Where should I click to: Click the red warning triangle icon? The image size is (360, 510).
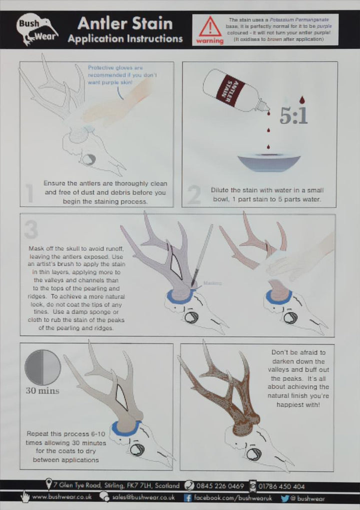[x=209, y=26]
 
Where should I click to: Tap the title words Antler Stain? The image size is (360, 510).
[x=125, y=23]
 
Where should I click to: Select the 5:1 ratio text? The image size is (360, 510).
[x=293, y=116]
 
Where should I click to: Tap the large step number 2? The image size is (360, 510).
[x=193, y=195]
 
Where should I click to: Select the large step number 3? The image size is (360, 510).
[x=31, y=229]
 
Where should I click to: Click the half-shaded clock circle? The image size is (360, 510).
[x=42, y=367]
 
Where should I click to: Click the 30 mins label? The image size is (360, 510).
[x=42, y=390]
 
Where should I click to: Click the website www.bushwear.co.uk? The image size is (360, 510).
[x=61, y=497]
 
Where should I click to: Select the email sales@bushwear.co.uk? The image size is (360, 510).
[x=143, y=497]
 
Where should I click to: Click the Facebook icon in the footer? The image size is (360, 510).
[x=188, y=497]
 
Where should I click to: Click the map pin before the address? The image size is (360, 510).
[x=48, y=485]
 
